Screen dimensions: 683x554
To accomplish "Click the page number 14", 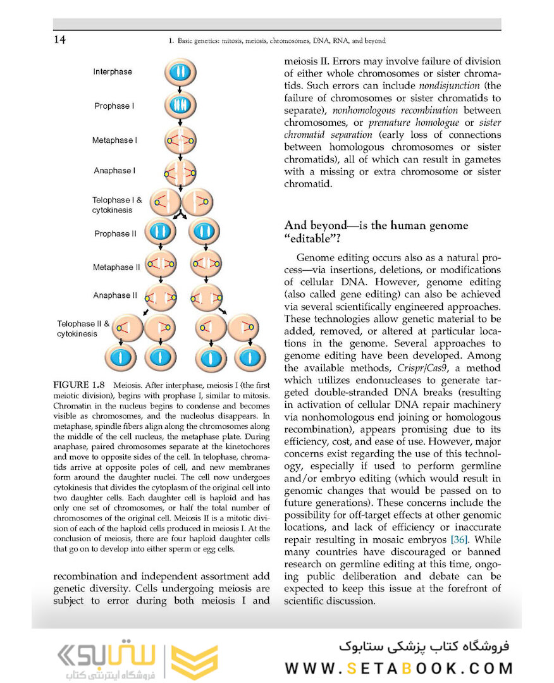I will pyautogui.click(x=59, y=40).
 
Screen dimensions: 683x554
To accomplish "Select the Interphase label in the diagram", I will pyautogui.click(x=113, y=72).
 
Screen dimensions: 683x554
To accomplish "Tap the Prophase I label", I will pyautogui.click(x=114, y=106).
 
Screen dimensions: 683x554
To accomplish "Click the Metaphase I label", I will pyautogui.click(x=114, y=140).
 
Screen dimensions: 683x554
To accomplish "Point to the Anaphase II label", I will pyautogui.click(x=115, y=295).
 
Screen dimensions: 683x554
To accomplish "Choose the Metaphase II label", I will pyautogui.click(x=116, y=268).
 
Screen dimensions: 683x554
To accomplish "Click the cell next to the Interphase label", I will pyautogui.click(x=182, y=71).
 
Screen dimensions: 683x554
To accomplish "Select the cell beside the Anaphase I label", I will pyautogui.click(x=180, y=171).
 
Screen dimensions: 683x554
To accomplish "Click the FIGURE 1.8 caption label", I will pyautogui.click(x=80, y=385).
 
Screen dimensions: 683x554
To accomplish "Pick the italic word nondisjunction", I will pyautogui.click(x=451, y=85).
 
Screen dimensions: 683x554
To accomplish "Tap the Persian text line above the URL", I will pyautogui.click(x=424, y=648).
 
